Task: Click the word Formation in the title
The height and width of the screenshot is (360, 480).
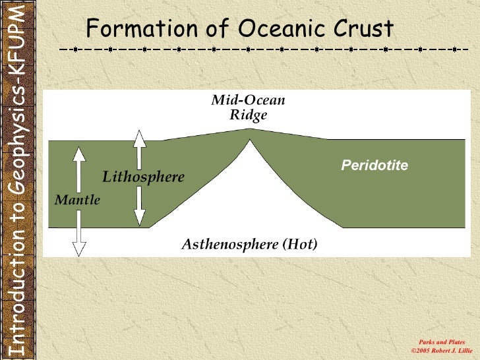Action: [142, 28]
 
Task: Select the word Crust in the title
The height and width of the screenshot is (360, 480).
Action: [363, 28]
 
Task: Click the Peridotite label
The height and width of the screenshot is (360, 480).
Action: [375, 165]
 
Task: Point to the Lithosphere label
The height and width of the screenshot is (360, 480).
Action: [143, 177]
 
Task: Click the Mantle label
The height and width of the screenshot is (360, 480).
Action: [77, 200]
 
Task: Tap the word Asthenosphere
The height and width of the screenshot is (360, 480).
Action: [230, 245]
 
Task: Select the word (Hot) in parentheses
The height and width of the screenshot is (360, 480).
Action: [300, 244]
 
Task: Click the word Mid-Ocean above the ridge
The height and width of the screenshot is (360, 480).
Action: [248, 100]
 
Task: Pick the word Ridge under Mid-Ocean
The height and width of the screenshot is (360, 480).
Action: [249, 115]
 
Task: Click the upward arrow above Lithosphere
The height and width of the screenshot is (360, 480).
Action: [140, 150]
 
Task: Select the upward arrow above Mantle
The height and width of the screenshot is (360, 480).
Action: [79, 169]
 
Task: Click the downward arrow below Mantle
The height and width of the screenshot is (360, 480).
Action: [79, 233]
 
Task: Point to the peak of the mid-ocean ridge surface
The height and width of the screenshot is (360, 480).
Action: [250, 129]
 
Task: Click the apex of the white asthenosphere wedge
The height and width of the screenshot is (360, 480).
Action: [250, 140]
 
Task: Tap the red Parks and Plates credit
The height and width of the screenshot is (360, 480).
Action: [442, 342]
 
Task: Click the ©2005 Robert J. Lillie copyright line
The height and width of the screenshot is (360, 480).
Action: [442, 351]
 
